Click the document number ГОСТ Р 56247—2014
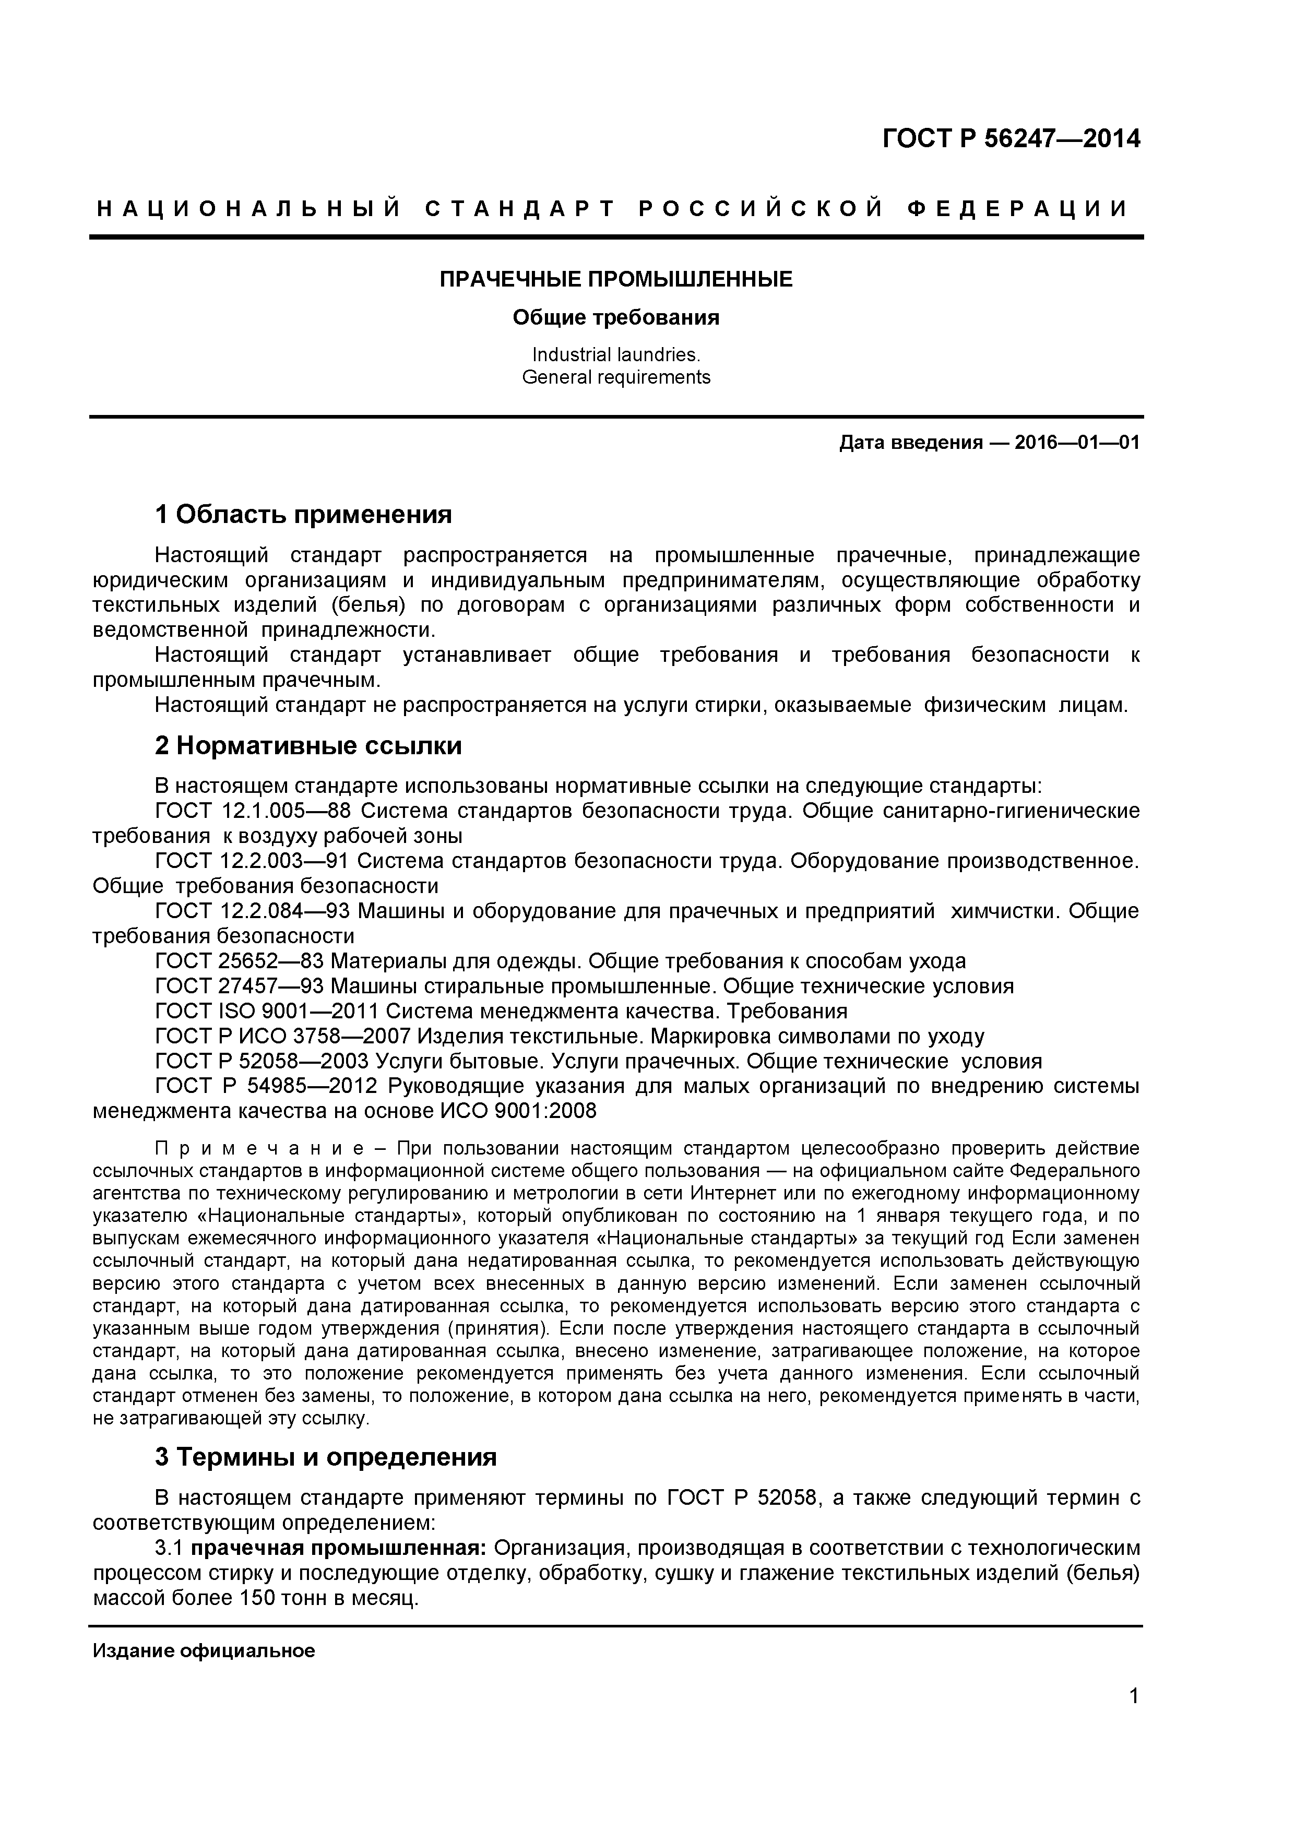(x=1011, y=139)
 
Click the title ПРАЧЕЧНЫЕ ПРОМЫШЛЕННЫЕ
(x=615, y=279)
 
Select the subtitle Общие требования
(x=615, y=318)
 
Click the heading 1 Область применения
(x=303, y=514)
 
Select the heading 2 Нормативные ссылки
(x=308, y=746)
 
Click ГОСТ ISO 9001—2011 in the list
(x=267, y=1011)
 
